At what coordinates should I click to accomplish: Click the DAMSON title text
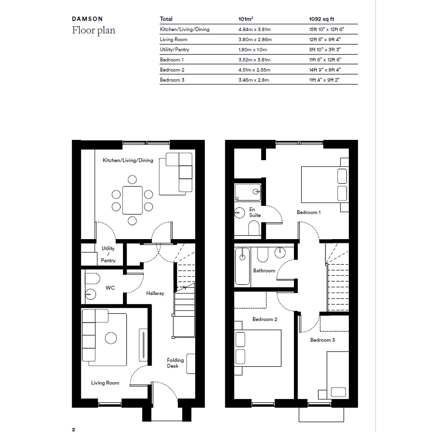(87, 19)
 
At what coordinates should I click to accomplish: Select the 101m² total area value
(246, 19)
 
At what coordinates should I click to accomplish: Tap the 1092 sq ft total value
(321, 19)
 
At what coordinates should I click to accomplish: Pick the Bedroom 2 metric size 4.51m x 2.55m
(254, 70)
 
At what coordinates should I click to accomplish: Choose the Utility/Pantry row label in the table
(174, 49)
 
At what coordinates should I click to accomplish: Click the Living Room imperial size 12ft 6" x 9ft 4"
(325, 39)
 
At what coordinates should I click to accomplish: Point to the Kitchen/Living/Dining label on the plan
(128, 160)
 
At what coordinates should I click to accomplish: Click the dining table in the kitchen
(133, 200)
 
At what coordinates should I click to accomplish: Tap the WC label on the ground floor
(110, 288)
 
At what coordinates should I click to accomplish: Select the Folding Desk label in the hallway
(175, 363)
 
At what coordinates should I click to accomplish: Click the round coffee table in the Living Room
(111, 338)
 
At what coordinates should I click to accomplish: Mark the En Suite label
(255, 213)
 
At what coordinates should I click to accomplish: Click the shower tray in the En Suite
(248, 192)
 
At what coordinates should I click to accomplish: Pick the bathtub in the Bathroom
(242, 267)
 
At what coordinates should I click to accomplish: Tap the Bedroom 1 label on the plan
(309, 213)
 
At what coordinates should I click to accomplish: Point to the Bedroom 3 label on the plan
(322, 340)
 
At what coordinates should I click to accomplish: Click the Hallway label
(155, 293)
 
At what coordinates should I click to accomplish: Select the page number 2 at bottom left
(74, 429)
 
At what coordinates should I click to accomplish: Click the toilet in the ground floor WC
(92, 278)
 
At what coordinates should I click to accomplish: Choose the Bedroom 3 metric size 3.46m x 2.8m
(253, 80)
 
